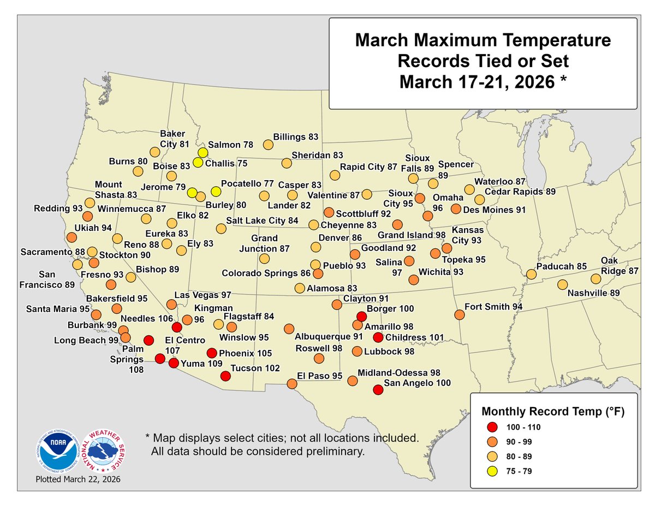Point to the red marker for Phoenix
[x=212, y=353]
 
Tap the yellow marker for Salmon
[x=203, y=153]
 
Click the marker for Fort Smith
[x=459, y=314]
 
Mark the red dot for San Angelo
[x=377, y=390]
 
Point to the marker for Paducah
[x=530, y=274]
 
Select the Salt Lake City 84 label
[x=264, y=221]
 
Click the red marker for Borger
[x=361, y=316]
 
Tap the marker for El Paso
[x=292, y=384]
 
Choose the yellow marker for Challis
[x=198, y=162]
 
